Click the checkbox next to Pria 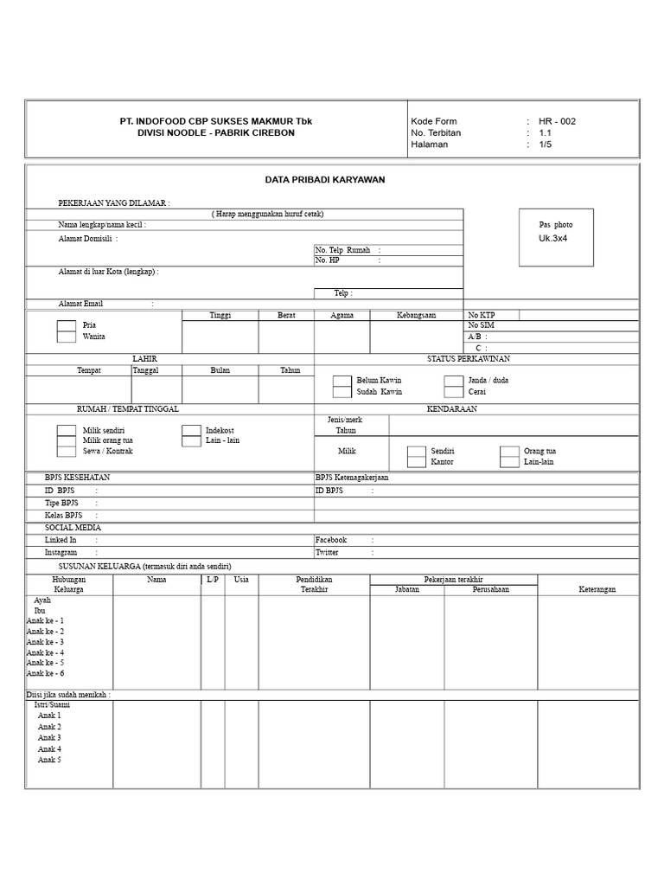pos(67,326)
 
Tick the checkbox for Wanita pos(67,337)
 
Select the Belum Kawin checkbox pos(342,381)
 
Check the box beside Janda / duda pos(453,381)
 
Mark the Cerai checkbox pos(453,392)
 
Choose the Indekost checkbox pos(191,430)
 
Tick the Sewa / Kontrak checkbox pos(67,451)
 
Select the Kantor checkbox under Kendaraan pos(417,462)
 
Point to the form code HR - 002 pos(557,121)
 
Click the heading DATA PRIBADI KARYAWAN pos(324,179)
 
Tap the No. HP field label pos(328,260)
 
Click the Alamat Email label pos(80,304)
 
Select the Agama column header pos(342,315)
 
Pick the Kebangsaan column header pos(417,315)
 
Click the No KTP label pos(482,315)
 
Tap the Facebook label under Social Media pos(331,539)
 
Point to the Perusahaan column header pos(490,589)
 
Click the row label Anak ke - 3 pos(45,642)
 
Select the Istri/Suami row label pos(52,704)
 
